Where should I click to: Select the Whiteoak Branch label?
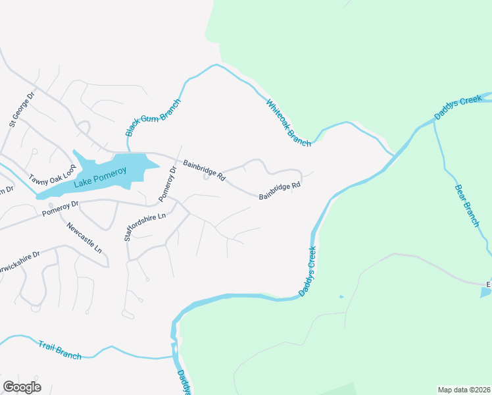coord(288,123)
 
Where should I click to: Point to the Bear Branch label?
coord(467,205)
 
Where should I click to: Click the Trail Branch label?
coord(60,350)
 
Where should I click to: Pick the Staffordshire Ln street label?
coord(146,226)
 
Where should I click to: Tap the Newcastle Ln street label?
coord(84,238)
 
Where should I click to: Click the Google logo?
coord(22,387)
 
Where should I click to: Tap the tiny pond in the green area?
coord(341,297)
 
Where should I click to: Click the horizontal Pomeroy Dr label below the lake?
coord(60,209)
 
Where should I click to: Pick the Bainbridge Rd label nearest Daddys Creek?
coord(280,191)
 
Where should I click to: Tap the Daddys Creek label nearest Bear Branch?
coord(458,109)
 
